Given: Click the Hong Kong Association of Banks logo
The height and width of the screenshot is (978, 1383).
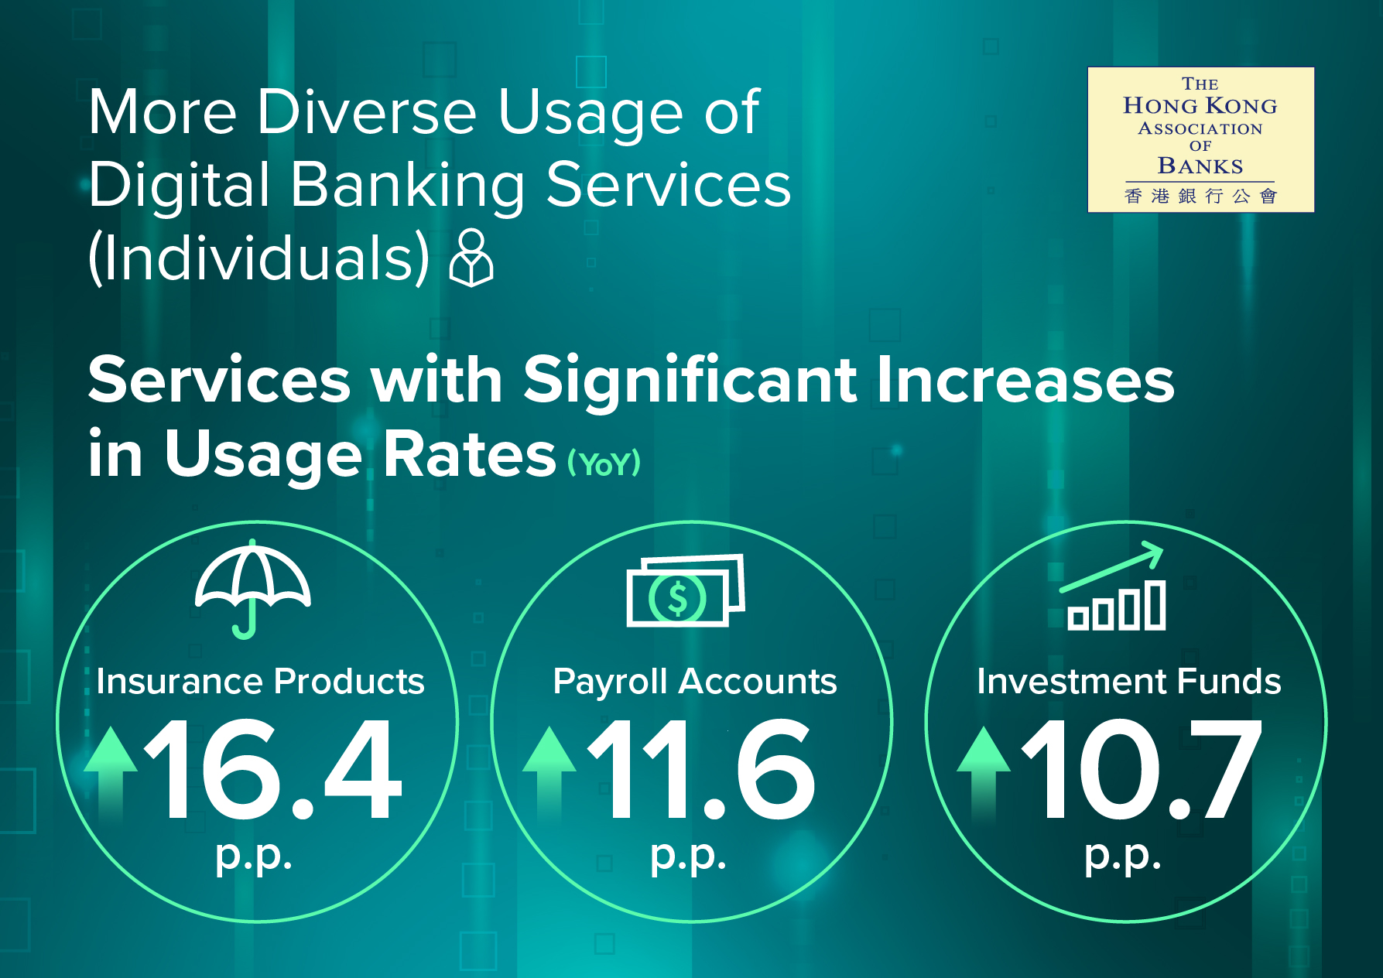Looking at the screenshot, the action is (x=1200, y=140).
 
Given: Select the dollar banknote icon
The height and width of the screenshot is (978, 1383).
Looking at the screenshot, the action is (x=686, y=590).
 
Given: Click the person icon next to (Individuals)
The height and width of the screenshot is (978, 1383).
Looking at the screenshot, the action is (x=471, y=258).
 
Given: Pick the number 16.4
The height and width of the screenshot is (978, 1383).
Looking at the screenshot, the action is (x=273, y=769).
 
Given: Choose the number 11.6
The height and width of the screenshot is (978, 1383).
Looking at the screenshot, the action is (x=701, y=769).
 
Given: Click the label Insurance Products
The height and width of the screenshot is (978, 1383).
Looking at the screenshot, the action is (x=261, y=682).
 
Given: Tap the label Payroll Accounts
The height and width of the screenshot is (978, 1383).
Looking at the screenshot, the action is (x=695, y=682).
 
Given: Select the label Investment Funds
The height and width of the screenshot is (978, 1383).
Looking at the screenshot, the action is (x=1129, y=682).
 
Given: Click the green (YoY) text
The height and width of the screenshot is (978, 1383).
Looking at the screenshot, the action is (x=604, y=464).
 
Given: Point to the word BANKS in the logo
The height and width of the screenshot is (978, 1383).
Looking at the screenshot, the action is (x=1200, y=166).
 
